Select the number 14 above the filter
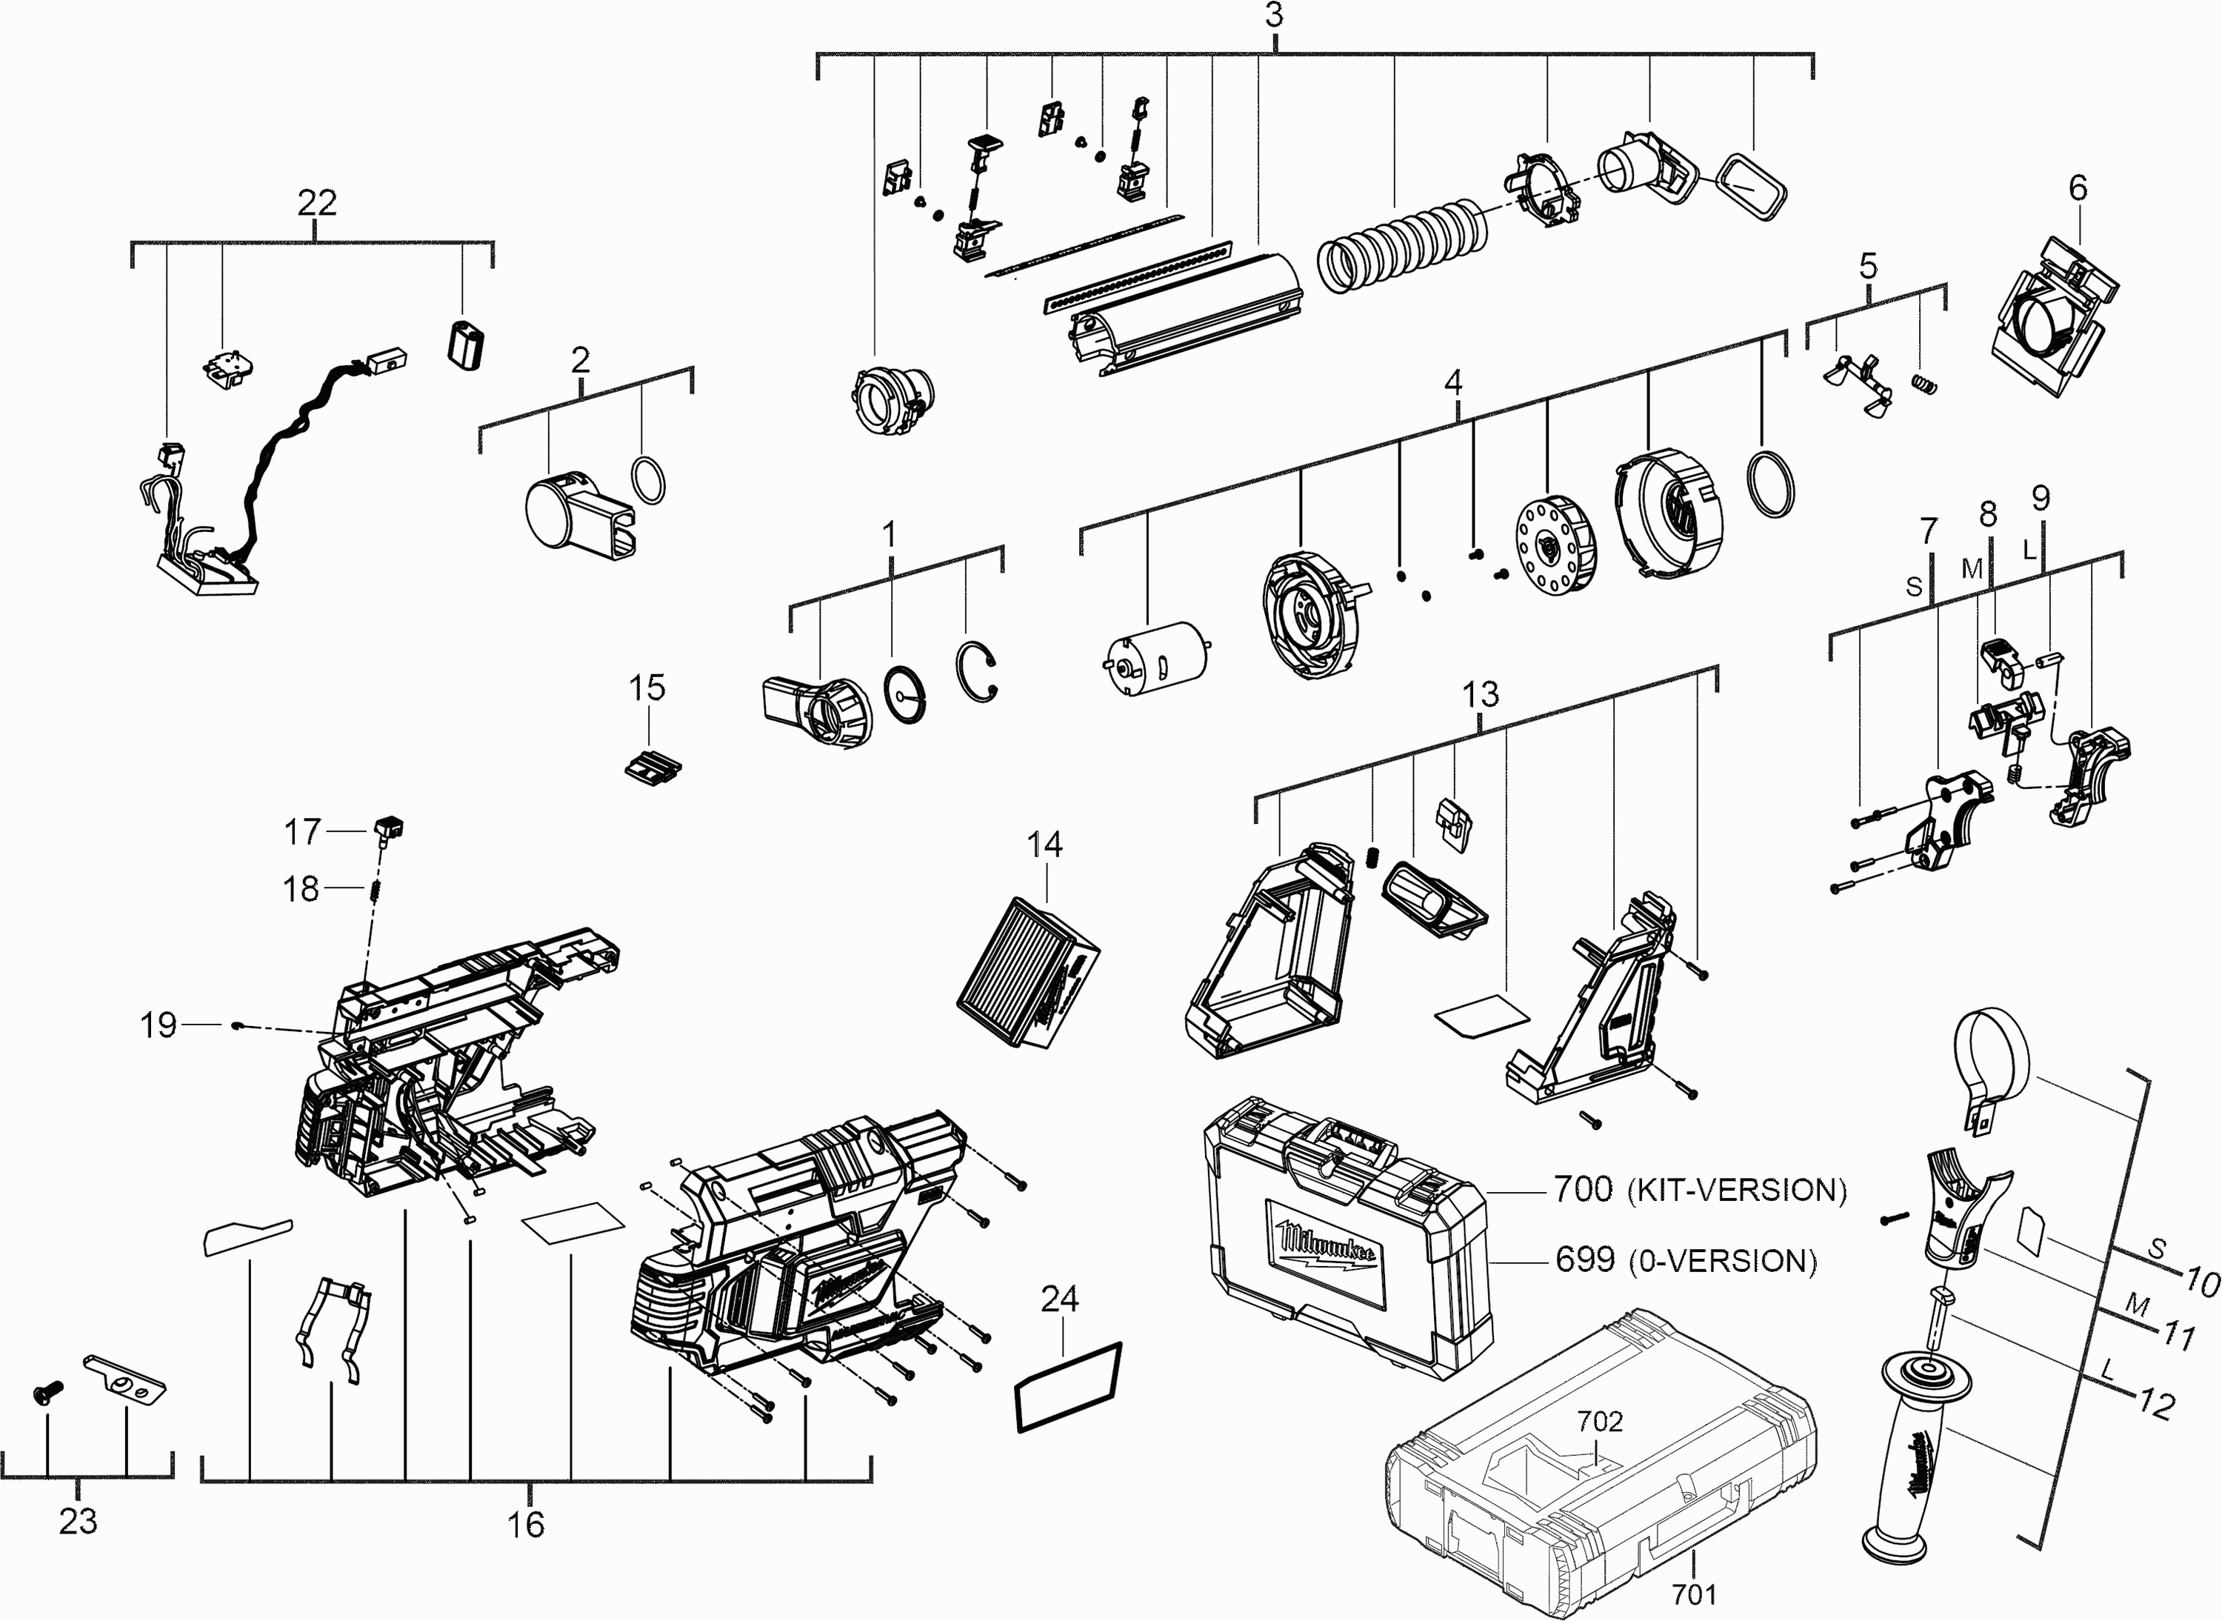[x=1045, y=844]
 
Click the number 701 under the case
[x=1694, y=1594]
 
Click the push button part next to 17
[x=390, y=828]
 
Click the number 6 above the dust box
[x=2078, y=187]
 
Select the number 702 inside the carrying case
[x=1600, y=1421]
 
